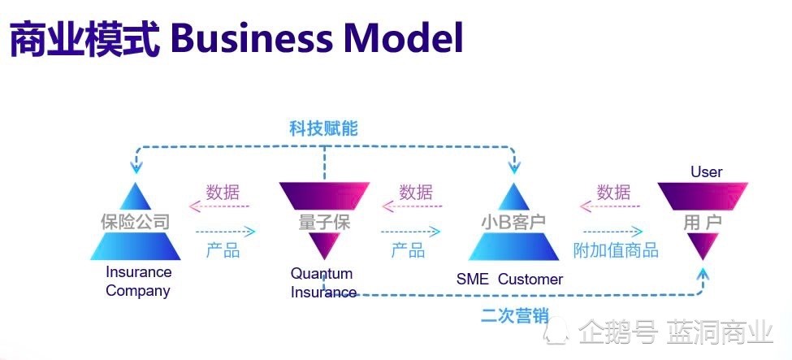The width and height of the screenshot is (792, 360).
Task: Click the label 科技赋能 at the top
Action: (x=323, y=128)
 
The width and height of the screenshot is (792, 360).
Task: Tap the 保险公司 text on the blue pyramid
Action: (x=135, y=221)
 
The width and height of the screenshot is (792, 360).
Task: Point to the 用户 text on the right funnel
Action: (x=703, y=221)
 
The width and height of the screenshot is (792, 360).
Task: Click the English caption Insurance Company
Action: (x=138, y=281)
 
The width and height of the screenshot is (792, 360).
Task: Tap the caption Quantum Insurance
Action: (x=323, y=283)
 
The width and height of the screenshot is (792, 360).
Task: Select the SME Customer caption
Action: (x=509, y=280)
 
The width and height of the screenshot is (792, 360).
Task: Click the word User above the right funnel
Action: (x=706, y=171)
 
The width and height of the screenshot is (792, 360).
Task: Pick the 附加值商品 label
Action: (x=616, y=250)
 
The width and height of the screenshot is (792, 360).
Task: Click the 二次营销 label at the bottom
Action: (x=514, y=315)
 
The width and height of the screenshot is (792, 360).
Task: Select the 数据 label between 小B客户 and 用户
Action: (x=613, y=193)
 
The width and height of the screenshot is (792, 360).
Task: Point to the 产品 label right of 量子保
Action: (x=408, y=250)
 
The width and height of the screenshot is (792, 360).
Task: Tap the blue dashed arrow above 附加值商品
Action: (x=612, y=232)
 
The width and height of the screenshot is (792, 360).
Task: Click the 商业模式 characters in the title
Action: (x=84, y=37)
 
